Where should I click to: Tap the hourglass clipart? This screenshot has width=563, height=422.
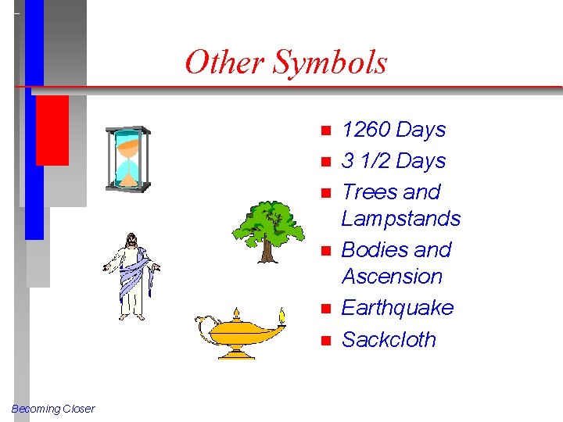(128, 159)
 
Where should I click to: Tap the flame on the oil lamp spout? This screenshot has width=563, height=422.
(284, 316)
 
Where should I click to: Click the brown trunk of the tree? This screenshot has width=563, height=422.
(267, 251)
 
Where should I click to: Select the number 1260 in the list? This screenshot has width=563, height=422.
(367, 130)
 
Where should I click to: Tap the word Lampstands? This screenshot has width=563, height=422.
(401, 219)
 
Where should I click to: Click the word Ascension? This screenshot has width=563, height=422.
(392, 277)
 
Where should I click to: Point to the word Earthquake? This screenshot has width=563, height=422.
(397, 308)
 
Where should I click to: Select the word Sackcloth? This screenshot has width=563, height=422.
(389, 340)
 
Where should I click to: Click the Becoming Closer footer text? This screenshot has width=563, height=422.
(53, 409)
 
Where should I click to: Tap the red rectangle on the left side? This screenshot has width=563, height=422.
(52, 130)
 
